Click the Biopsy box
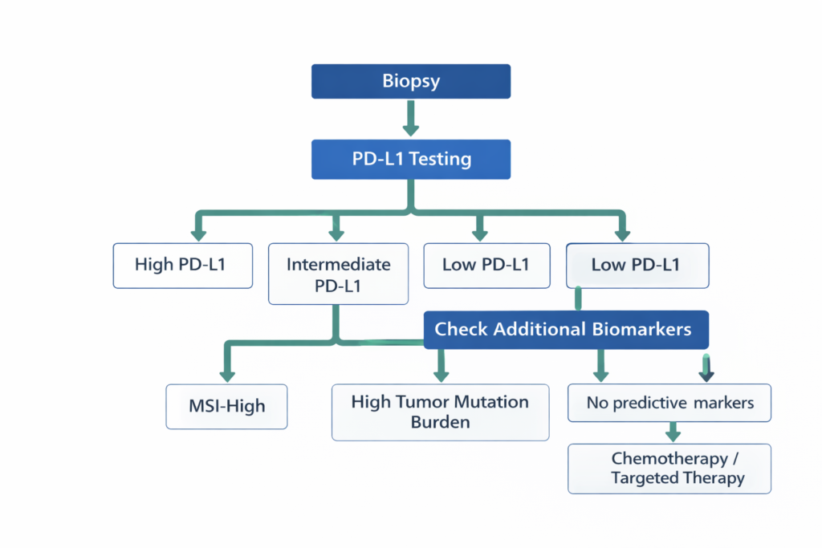[410, 82]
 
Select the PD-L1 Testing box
[410, 159]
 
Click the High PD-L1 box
[182, 265]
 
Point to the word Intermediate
[338, 264]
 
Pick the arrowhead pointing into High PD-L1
[198, 233]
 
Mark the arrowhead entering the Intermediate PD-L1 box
[337, 233]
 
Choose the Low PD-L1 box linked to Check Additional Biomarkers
[637, 265]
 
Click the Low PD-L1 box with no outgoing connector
[486, 265]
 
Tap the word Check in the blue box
[461, 329]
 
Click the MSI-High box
[226, 407]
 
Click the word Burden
[440, 422]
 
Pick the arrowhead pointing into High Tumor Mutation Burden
[440, 374]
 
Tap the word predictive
[646, 403]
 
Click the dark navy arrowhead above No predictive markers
[706, 373]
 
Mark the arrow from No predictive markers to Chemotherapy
[673, 432]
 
